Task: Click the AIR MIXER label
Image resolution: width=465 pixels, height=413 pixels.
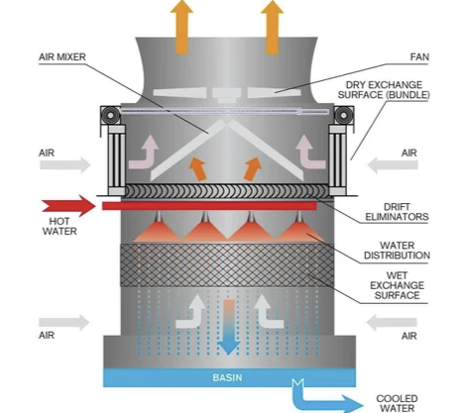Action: point(62,56)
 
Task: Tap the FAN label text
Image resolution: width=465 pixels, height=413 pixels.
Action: point(419,56)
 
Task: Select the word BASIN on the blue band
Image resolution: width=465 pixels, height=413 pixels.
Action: point(227,377)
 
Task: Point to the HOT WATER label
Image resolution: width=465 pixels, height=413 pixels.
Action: point(59,226)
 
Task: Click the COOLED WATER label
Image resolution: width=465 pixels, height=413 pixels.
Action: point(397,403)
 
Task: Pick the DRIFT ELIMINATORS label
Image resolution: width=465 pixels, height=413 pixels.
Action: point(397,212)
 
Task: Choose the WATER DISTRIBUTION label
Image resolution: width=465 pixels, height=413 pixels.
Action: point(397,251)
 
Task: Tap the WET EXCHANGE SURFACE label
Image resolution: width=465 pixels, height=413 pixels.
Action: point(397,285)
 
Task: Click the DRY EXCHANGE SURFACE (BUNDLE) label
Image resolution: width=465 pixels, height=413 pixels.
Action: point(384,90)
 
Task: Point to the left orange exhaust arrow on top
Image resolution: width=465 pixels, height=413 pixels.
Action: point(181,27)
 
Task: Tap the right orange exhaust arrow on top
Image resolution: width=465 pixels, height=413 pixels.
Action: point(272,27)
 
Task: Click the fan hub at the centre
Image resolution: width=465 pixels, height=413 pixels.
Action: point(226,94)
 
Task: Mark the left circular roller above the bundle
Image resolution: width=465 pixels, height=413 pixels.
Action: point(110,115)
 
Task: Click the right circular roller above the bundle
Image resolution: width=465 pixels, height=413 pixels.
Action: point(344,115)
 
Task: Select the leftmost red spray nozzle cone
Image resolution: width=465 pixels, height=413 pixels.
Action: point(159,230)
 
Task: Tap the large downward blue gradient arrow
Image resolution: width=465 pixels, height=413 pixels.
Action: point(229,327)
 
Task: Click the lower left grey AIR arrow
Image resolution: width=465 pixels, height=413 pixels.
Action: point(64,323)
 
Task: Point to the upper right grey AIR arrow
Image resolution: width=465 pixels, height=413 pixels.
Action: point(393,165)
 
